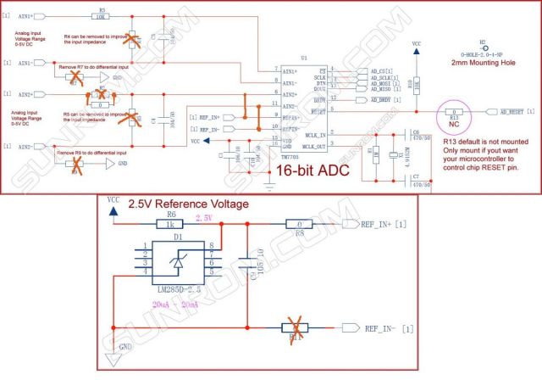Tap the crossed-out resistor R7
tap(76, 76)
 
